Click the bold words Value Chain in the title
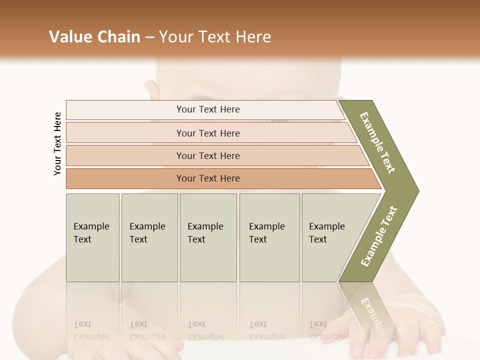click(x=94, y=37)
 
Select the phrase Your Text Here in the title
click(x=215, y=37)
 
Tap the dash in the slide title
click(x=149, y=37)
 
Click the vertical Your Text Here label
click(x=57, y=143)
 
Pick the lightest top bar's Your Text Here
click(x=208, y=109)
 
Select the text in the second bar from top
click(x=208, y=133)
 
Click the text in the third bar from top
click(x=208, y=156)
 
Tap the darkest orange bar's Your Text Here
click(x=208, y=178)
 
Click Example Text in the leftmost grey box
click(x=91, y=233)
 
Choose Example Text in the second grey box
click(x=147, y=233)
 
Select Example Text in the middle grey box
click(x=205, y=233)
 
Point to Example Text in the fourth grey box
click(x=266, y=233)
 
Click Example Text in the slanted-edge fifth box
click(x=326, y=233)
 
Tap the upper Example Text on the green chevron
click(x=377, y=142)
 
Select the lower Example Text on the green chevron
click(x=378, y=236)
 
